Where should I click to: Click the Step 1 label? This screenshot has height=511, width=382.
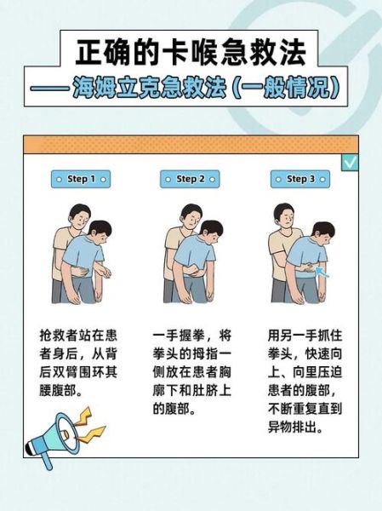point(80,180)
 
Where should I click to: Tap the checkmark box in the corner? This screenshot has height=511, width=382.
point(350,162)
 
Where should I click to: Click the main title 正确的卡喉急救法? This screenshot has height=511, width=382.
point(190,54)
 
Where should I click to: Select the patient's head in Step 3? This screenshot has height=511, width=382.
point(321,233)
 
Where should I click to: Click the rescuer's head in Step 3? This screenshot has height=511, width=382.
point(285,217)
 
